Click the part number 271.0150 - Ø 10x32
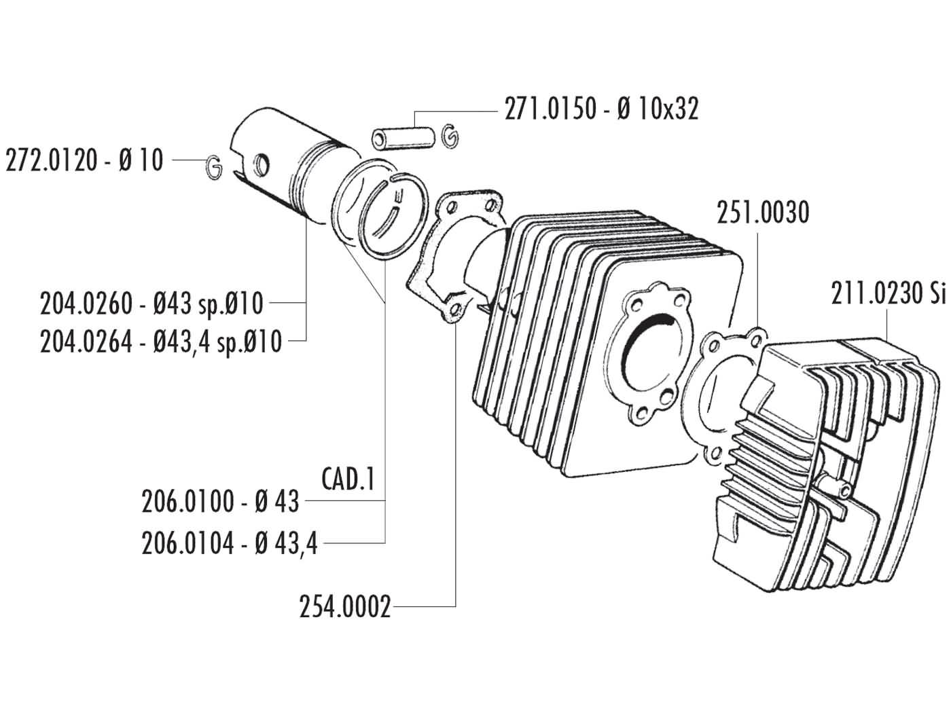pos(600,109)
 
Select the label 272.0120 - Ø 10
pos(84,162)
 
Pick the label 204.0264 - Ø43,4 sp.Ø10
pos(160,342)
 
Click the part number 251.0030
pos(763,213)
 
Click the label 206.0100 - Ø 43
pos(220,502)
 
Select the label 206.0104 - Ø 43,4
pos(230,543)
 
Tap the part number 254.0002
pos(345,606)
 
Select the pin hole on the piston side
pos(260,163)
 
